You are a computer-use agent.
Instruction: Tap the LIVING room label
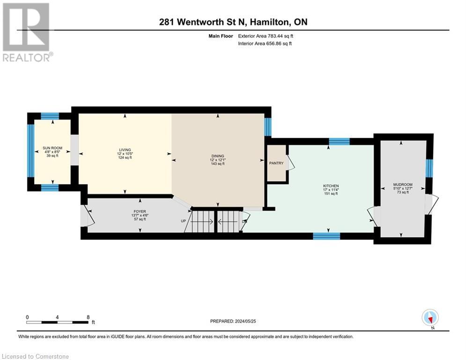(125, 150)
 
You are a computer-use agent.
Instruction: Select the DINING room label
(218, 156)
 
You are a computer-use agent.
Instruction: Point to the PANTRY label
(276, 163)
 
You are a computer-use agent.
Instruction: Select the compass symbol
(429, 317)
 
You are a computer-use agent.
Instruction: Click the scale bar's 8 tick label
(88, 317)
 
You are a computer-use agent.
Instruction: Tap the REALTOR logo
(27, 32)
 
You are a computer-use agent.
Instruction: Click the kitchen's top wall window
(339, 142)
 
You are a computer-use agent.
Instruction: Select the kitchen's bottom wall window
(326, 236)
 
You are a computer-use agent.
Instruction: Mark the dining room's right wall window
(267, 127)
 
